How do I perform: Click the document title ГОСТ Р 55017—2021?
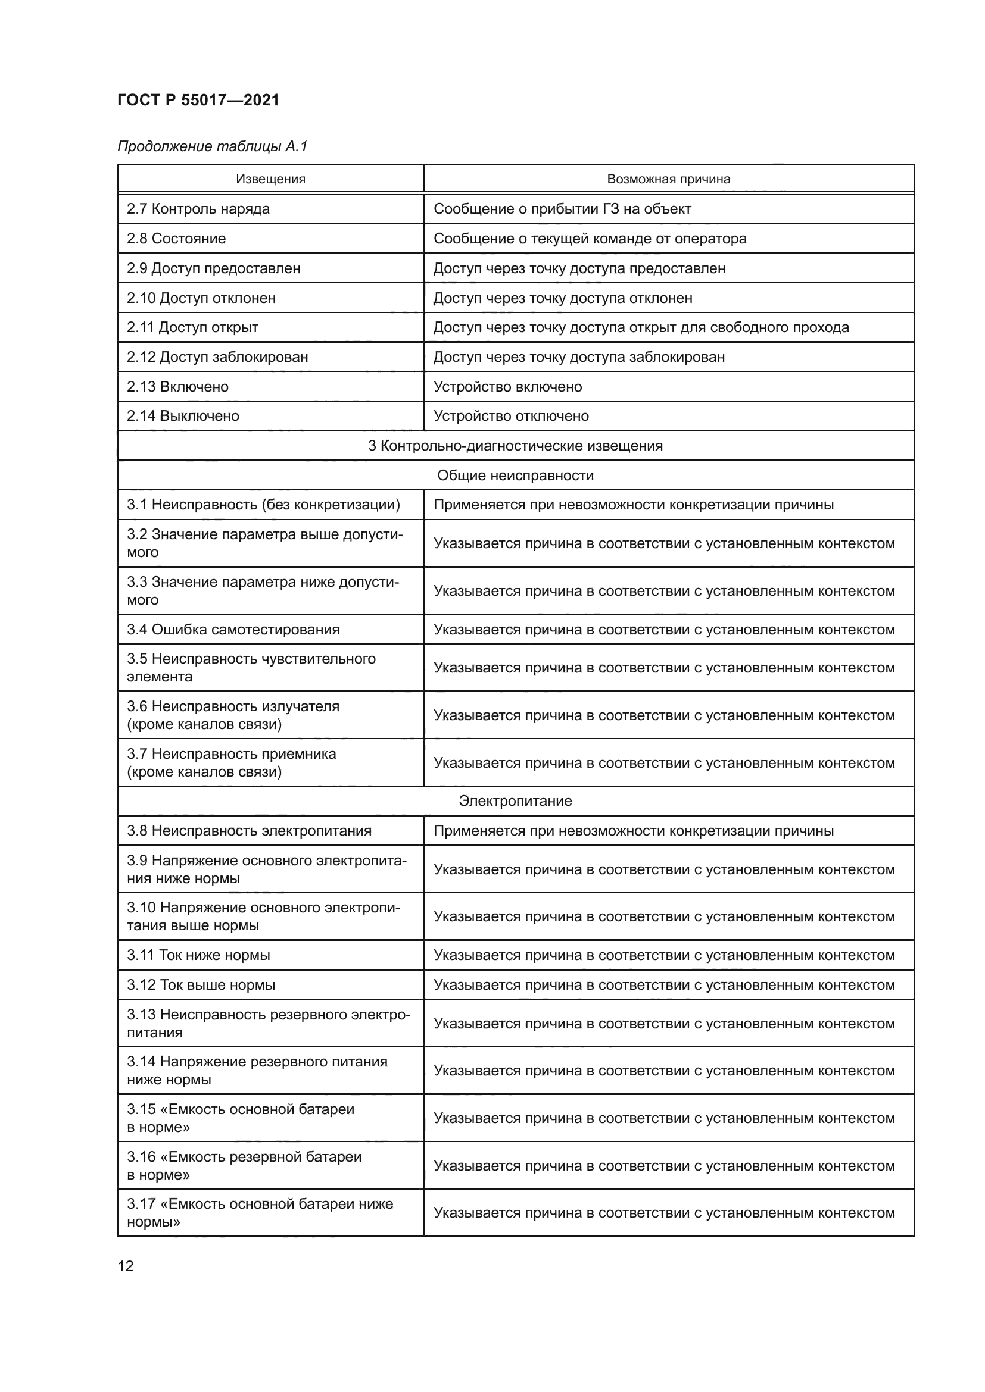point(198,100)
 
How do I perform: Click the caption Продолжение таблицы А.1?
point(212,146)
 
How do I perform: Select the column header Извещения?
point(270,179)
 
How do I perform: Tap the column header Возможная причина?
point(668,179)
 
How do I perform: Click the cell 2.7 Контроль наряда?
point(198,208)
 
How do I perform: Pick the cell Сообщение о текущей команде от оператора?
point(590,238)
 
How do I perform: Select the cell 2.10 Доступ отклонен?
point(201,298)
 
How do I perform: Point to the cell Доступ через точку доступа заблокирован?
point(579,356)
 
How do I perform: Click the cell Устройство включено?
point(507,386)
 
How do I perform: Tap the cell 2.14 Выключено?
point(183,416)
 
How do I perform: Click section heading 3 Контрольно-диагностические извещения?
point(515,446)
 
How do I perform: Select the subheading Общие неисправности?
point(515,476)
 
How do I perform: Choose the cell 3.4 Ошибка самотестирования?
point(233,629)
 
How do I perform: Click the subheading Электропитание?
point(515,801)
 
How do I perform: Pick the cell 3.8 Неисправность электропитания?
point(249,831)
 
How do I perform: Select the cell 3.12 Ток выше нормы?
point(201,984)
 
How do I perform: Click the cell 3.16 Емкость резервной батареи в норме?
point(244,1165)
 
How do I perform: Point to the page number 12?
point(126,1266)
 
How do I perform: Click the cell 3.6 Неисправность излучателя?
point(233,715)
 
